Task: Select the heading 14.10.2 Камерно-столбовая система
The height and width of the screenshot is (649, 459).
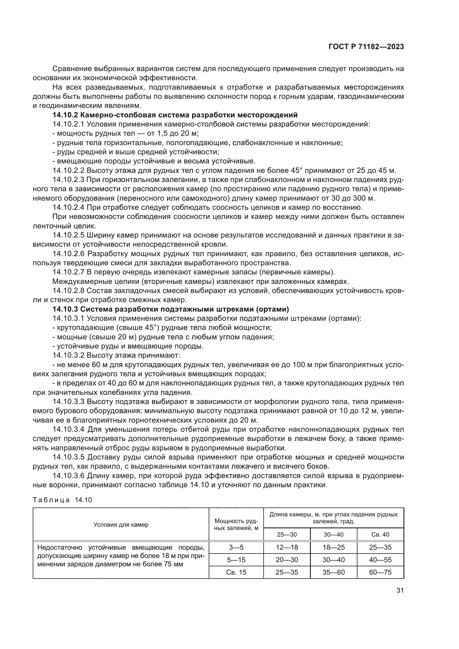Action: click(x=175, y=115)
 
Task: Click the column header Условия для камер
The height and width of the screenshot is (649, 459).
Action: click(x=121, y=525)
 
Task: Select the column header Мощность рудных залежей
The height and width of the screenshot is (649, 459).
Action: click(x=236, y=525)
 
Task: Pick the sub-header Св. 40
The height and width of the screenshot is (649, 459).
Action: click(x=380, y=534)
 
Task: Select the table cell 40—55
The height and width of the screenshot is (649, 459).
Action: click(x=380, y=560)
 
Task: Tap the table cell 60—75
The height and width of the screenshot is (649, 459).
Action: click(x=380, y=572)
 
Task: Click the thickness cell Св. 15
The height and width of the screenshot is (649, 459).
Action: click(x=236, y=572)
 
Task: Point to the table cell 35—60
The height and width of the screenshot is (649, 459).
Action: click(x=334, y=572)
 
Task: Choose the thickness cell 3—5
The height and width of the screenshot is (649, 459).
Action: click(x=236, y=547)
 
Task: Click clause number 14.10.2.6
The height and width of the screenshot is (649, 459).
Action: click(x=68, y=254)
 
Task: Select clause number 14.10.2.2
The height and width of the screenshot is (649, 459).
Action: click(x=68, y=170)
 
